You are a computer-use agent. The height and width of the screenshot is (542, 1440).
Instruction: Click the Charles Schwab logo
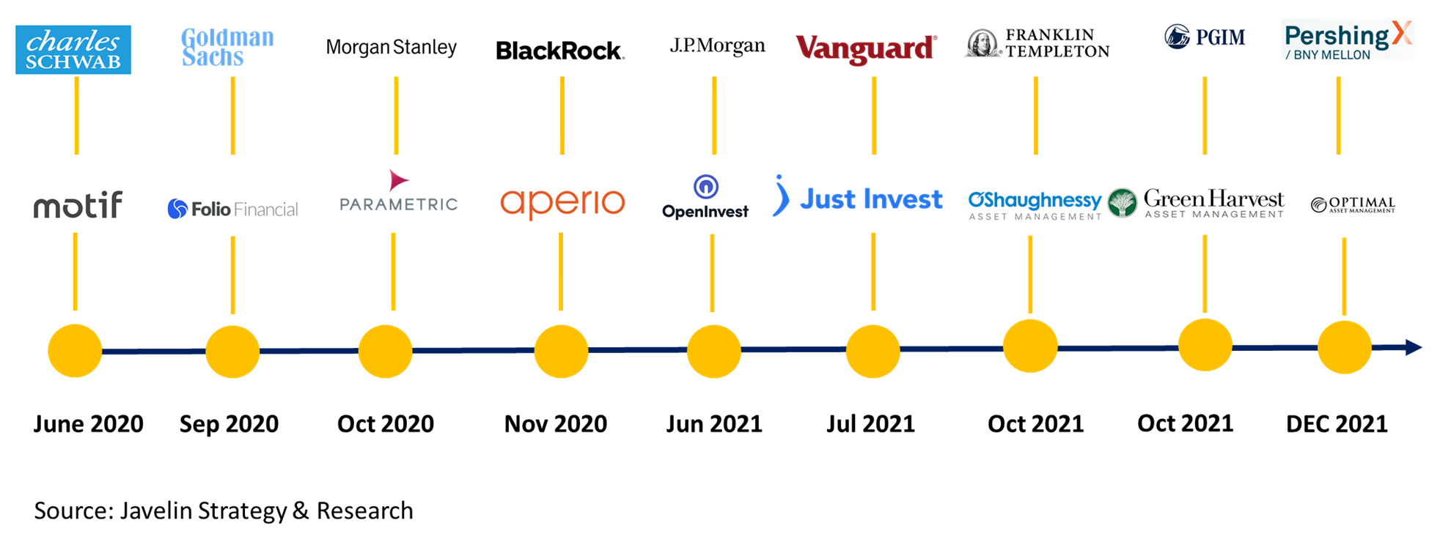(73, 50)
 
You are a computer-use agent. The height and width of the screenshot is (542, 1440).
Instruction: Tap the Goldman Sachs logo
(227, 48)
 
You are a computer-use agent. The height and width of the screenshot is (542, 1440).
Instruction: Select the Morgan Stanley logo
(392, 48)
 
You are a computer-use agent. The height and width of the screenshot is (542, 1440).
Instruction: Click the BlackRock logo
(560, 51)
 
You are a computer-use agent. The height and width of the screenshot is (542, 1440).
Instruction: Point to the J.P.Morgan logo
(717, 46)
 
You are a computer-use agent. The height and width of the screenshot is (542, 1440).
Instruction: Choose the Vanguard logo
(866, 48)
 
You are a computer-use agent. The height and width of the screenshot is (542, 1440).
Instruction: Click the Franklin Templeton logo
(1036, 43)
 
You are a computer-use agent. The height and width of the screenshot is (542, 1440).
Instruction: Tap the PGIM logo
(1205, 37)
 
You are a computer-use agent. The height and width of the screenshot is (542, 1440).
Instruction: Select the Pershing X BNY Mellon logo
(1348, 40)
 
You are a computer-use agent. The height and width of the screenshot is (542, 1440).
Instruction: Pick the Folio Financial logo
(232, 209)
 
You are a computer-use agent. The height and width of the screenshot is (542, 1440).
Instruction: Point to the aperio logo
(562, 203)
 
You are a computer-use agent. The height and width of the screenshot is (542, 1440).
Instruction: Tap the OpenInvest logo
(705, 197)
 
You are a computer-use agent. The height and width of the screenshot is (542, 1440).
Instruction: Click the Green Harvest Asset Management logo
(1196, 202)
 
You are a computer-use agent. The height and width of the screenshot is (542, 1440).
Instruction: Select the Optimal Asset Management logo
(1353, 204)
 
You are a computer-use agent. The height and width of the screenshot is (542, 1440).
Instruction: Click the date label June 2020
(88, 424)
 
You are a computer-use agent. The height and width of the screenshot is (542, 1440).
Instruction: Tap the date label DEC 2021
(1337, 424)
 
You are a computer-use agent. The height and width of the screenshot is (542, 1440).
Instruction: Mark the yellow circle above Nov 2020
(561, 352)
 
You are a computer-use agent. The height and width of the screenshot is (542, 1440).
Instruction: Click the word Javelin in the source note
(156, 511)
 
